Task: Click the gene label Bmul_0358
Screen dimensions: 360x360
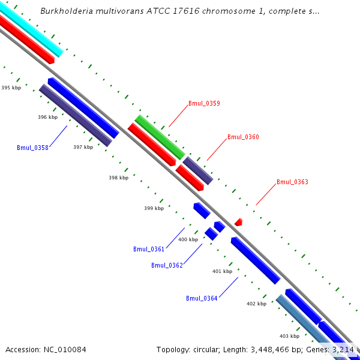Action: pyautogui.click(x=32, y=148)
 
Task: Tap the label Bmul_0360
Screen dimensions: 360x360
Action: pyautogui.click(x=243, y=137)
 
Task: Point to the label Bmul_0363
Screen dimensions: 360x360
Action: pyautogui.click(x=292, y=182)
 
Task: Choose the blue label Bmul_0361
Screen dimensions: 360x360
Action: pyautogui.click(x=149, y=249)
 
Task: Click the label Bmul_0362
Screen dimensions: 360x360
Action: pyautogui.click(x=167, y=265)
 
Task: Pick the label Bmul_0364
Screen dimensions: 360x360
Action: pyautogui.click(x=202, y=298)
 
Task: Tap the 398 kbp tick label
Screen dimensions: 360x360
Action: pyautogui.click(x=118, y=178)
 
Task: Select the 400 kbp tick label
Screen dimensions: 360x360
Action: pyautogui.click(x=188, y=239)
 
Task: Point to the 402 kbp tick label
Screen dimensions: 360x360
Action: pyautogui.click(x=256, y=304)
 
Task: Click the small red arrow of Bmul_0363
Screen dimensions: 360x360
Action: pyautogui.click(x=238, y=222)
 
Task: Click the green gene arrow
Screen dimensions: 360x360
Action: pyautogui.click(x=159, y=137)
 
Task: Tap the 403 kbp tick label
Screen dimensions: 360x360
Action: pyautogui.click(x=289, y=336)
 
